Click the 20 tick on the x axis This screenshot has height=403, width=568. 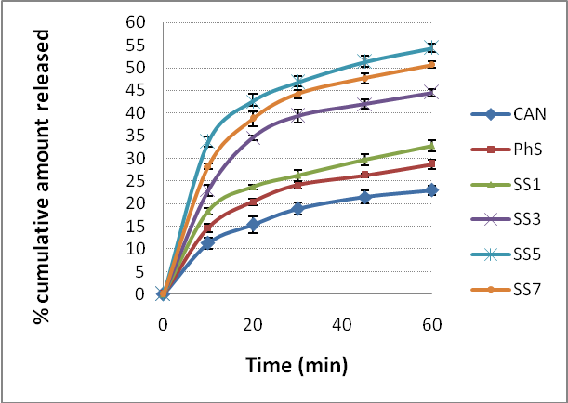click(253, 324)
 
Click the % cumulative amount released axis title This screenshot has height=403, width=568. click(41, 176)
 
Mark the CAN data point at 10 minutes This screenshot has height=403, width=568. click(208, 241)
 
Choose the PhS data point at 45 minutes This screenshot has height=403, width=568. click(364, 175)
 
